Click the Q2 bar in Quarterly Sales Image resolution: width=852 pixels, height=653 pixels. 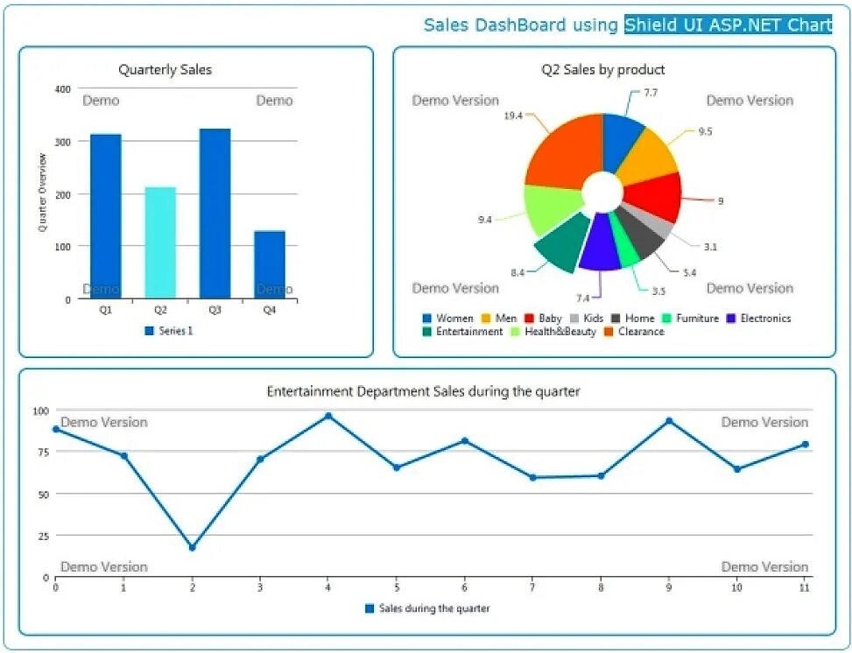point(160,242)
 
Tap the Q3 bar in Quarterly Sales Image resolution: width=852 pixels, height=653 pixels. point(215,214)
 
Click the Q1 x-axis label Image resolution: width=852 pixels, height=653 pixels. point(105,310)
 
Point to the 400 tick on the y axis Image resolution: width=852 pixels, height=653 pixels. point(62,89)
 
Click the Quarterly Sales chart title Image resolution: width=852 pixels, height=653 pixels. point(165,70)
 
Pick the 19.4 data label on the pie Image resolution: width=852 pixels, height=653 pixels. point(513,116)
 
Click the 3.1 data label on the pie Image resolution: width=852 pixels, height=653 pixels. point(710,247)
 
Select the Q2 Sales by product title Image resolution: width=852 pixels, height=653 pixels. point(602,70)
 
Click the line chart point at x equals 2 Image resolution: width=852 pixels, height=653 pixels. point(192,547)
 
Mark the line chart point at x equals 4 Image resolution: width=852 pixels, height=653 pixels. point(328,416)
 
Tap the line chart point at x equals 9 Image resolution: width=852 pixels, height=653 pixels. point(669,421)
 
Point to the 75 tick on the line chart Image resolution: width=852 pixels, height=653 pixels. point(41,452)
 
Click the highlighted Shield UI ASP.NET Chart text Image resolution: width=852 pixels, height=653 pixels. point(728,25)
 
